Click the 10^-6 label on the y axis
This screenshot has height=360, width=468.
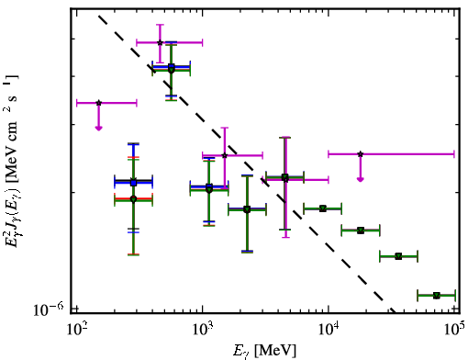pos(49,309)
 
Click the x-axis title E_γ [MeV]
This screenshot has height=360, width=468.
pos(264,351)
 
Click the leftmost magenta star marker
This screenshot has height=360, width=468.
pos(98,103)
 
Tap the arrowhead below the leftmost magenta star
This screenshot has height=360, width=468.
pos(98,128)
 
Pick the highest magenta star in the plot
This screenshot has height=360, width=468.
pos(160,42)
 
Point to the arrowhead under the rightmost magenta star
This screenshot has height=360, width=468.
pos(361,179)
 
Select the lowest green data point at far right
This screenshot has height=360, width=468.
pos(437,296)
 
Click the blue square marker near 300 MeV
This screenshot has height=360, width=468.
pos(133,183)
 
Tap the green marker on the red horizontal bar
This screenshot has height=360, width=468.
pos(133,199)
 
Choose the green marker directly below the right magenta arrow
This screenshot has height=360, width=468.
pos(361,231)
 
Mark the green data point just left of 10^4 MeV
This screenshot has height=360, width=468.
pos(323,208)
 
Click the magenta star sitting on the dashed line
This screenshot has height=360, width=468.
pos(225,155)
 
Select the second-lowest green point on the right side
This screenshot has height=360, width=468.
pos(398,256)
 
